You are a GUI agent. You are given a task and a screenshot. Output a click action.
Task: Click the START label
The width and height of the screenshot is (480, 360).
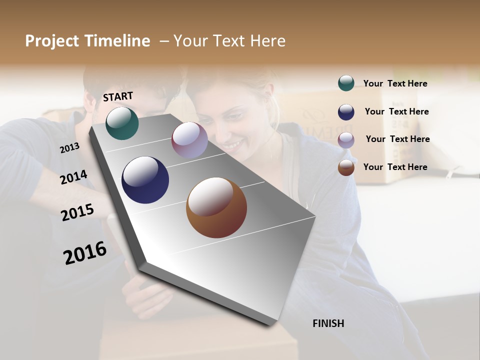[x=118, y=96]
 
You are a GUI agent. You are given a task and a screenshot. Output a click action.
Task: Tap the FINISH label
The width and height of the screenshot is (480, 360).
[x=328, y=323]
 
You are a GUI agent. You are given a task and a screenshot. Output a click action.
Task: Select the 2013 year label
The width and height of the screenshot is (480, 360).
[x=69, y=148]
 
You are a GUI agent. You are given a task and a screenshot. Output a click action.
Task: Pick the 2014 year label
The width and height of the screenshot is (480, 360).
[x=73, y=177]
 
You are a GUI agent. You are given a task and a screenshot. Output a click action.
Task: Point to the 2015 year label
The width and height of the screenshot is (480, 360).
[x=77, y=212]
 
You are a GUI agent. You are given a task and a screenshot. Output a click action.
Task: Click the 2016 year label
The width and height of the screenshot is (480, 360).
[x=85, y=253]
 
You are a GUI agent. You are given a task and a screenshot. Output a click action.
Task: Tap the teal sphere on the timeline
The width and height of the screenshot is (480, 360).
[x=122, y=123]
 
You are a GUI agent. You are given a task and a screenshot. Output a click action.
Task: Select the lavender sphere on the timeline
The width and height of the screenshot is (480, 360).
[x=189, y=140]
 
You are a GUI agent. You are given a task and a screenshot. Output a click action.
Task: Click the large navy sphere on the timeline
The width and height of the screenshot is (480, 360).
[x=145, y=180]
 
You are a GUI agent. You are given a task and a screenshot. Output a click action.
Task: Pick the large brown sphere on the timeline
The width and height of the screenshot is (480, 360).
[x=216, y=207]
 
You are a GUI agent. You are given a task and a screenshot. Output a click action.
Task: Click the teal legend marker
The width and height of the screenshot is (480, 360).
[x=346, y=83]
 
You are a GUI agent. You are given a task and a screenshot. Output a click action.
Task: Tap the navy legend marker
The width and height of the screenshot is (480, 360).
[x=346, y=112]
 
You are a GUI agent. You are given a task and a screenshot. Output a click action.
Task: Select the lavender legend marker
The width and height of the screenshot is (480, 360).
[x=346, y=140]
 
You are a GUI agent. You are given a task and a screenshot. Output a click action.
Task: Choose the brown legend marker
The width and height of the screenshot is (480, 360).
[x=346, y=168]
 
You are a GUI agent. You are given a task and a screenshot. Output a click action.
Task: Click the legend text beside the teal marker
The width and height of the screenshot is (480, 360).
[x=395, y=83]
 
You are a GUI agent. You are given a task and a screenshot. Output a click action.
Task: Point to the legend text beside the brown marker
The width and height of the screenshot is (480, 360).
[x=395, y=167]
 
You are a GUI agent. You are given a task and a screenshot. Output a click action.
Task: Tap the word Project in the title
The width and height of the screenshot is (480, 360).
[x=52, y=41]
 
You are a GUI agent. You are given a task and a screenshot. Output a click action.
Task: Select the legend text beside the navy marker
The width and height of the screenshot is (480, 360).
[x=396, y=111]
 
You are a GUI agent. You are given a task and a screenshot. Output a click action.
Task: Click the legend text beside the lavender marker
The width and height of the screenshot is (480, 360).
[x=397, y=139]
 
